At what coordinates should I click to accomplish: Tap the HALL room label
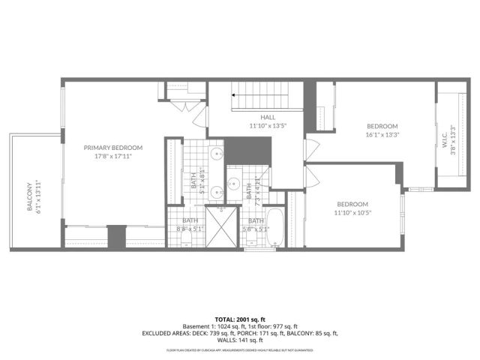tap(268, 118)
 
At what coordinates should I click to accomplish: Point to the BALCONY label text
tap(31, 197)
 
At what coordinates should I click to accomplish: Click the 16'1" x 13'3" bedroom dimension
tap(382, 135)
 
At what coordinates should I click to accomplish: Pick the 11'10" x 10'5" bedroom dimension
tap(352, 213)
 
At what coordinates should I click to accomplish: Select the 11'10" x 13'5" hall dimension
tap(268, 126)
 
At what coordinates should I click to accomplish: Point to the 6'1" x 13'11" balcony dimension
tap(40, 197)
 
